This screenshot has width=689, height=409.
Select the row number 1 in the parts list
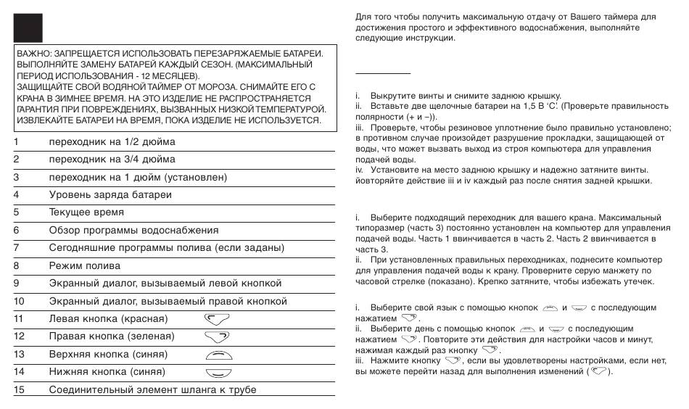[x=16, y=141]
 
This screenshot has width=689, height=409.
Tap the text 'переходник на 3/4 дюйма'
[x=112, y=160]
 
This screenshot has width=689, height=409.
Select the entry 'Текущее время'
[x=86, y=212]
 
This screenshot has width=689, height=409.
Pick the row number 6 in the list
[x=16, y=231]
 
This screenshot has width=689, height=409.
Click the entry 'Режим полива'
[x=84, y=266]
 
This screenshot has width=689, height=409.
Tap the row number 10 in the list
[x=19, y=301]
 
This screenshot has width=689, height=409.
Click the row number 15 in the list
[x=19, y=390]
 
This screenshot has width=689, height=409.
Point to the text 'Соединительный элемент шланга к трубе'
[x=152, y=390]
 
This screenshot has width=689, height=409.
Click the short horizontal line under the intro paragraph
[x=383, y=74]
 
